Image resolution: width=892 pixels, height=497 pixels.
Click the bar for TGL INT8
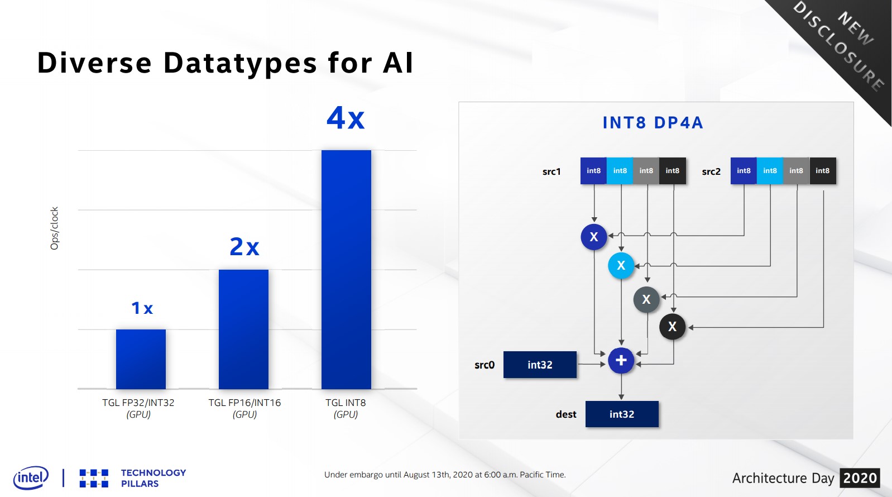[346, 269]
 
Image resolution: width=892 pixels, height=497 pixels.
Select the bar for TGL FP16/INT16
[243, 329]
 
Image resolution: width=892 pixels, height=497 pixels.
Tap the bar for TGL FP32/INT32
[141, 359]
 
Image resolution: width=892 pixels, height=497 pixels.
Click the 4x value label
[346, 118]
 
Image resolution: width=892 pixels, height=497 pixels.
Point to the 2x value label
[244, 246]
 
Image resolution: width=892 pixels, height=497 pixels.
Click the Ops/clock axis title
[54, 228]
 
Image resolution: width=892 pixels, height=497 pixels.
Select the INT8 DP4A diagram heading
[653, 123]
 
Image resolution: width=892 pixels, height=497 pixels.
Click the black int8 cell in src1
[672, 171]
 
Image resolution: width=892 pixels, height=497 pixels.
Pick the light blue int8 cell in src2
[770, 171]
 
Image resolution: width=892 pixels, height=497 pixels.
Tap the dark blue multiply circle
[594, 237]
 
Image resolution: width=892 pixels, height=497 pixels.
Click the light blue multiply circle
[621, 265]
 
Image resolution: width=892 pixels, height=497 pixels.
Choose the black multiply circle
[672, 327]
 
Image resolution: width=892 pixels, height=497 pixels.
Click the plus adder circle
[621, 361]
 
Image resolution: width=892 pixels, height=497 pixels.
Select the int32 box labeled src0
[540, 365]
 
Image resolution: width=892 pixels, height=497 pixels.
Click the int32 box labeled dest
[622, 414]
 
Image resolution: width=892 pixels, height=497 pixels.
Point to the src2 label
[711, 171]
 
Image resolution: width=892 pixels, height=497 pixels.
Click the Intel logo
[31, 478]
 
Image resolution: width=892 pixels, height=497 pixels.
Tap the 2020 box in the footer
[860, 478]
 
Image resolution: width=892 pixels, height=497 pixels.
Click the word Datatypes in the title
[241, 63]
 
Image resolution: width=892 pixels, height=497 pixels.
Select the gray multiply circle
[646, 299]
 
